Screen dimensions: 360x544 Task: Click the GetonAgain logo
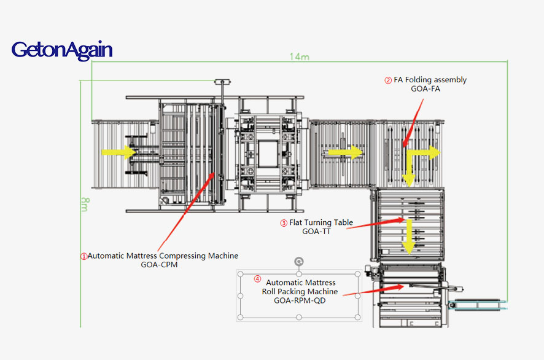(x=61, y=50)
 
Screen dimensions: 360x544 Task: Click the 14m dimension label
(x=299, y=57)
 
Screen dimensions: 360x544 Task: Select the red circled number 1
(x=84, y=256)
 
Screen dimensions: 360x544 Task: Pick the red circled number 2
(x=388, y=80)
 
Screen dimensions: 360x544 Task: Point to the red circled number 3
(x=284, y=223)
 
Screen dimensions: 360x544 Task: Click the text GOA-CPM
(x=160, y=265)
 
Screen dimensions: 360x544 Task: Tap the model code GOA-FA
(x=425, y=88)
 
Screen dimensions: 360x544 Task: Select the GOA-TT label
(x=317, y=232)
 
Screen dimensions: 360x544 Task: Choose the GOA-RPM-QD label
(x=300, y=300)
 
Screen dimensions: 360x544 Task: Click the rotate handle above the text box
(x=299, y=260)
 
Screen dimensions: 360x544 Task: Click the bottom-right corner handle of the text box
(x=359, y=318)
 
